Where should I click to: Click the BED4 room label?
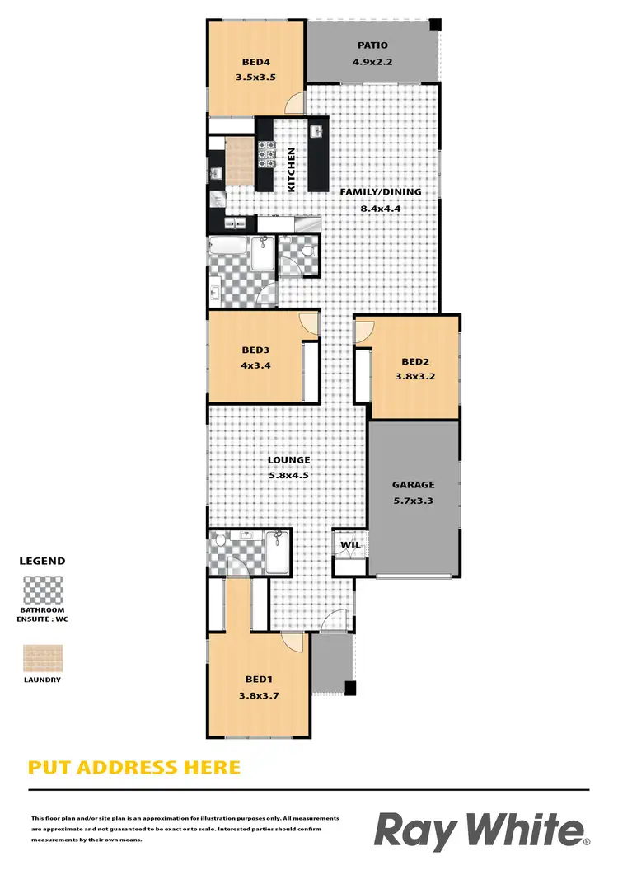(253, 61)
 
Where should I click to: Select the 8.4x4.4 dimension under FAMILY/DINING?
(380, 209)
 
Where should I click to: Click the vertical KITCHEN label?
(291, 170)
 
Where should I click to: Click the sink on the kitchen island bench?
(316, 131)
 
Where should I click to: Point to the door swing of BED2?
(363, 332)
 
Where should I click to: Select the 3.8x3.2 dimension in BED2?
(414, 379)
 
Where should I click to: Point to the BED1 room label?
(259, 679)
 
